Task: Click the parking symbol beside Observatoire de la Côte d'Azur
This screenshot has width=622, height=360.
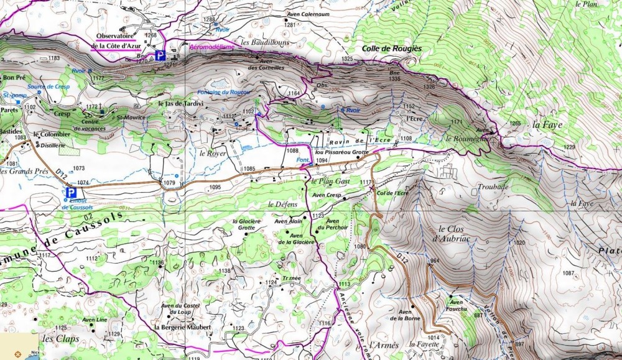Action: (x=160, y=55)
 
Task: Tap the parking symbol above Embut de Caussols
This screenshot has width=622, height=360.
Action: (x=72, y=193)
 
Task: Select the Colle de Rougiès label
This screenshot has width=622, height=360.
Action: (x=392, y=48)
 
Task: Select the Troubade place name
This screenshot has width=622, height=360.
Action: (x=493, y=187)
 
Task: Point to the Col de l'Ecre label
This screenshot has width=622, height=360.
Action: (x=392, y=193)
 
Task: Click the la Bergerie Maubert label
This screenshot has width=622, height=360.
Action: (x=182, y=327)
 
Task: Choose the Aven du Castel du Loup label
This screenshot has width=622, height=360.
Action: (x=180, y=308)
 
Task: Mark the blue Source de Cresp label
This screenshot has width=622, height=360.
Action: (x=49, y=86)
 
